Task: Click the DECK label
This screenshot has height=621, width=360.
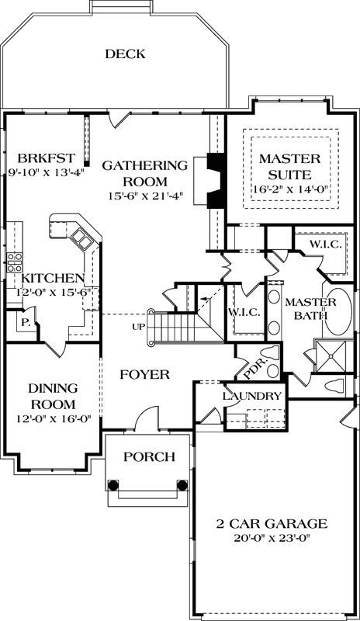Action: [x=125, y=54]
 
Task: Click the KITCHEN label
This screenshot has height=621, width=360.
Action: [x=53, y=278]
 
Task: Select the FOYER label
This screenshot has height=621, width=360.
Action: [x=144, y=374]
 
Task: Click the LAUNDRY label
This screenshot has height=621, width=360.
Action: [x=251, y=396]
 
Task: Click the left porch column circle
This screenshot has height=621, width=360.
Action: [x=113, y=485]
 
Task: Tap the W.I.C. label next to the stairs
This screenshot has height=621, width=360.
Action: [x=243, y=313]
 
